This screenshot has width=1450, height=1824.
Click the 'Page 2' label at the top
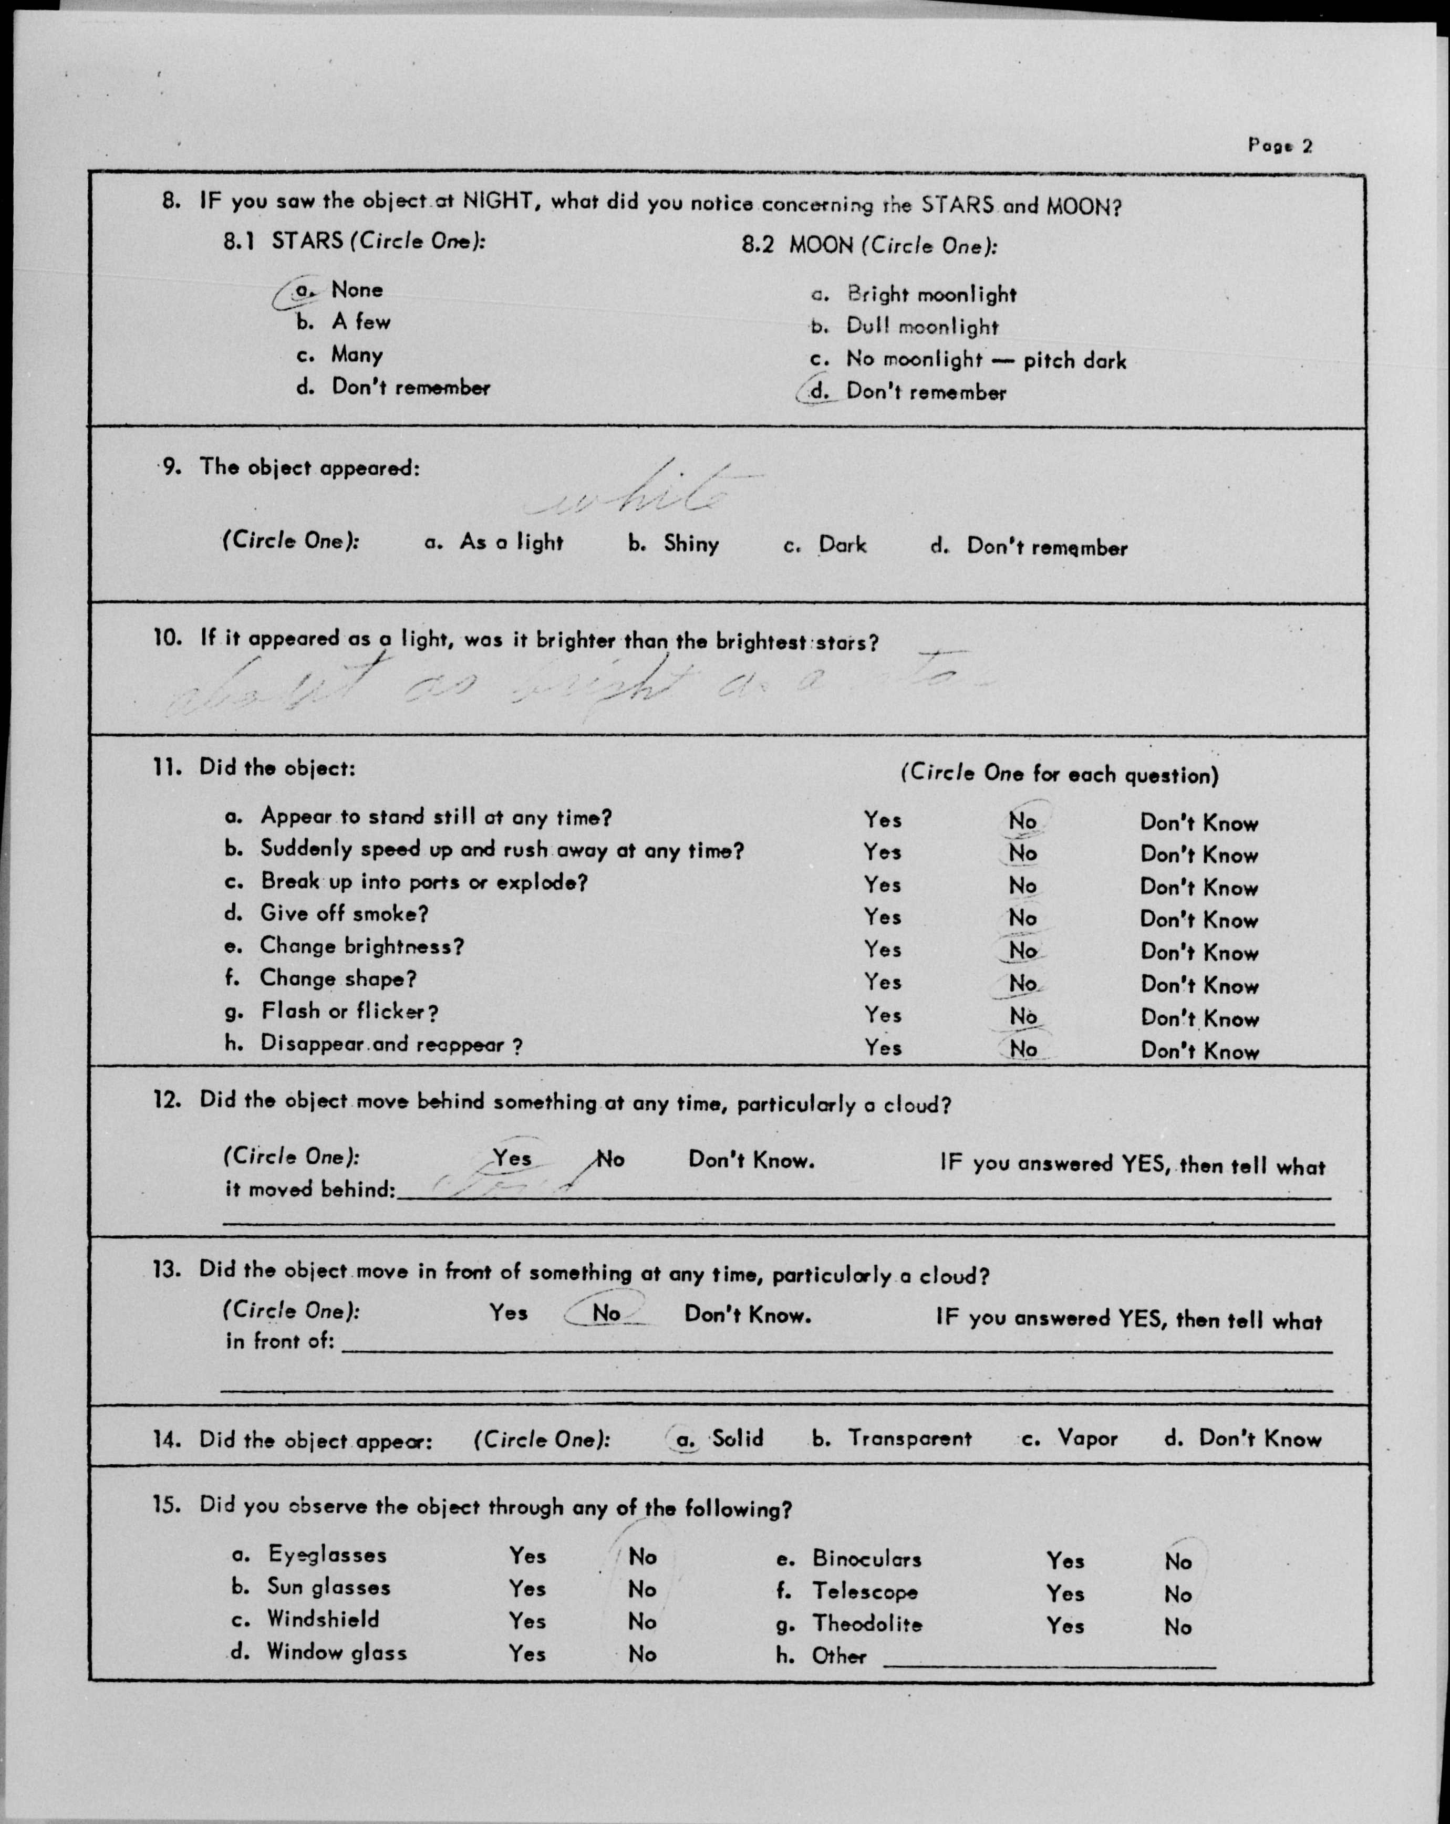point(1279,145)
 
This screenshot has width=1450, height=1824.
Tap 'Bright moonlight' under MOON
point(930,295)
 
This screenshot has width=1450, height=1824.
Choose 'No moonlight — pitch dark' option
point(985,360)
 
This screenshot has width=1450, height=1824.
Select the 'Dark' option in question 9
point(842,545)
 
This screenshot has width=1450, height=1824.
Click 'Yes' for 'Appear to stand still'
point(882,820)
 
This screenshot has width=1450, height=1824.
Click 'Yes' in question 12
point(512,1158)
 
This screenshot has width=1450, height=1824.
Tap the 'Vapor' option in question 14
point(1087,1439)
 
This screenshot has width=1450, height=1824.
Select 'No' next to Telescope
point(1177,1594)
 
